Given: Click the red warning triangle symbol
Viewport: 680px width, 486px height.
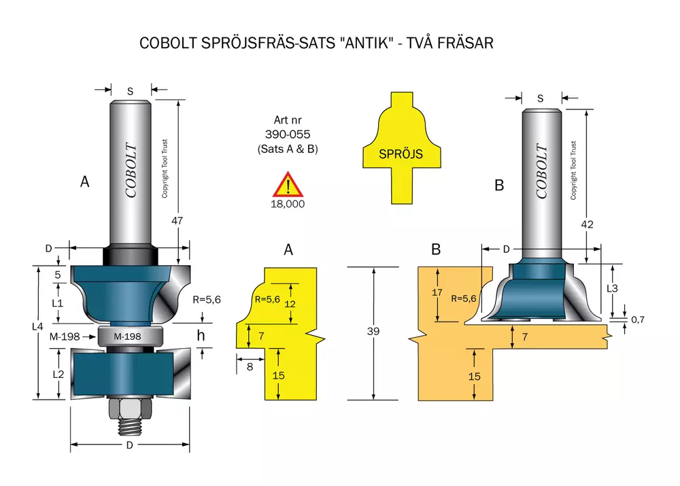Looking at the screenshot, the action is point(288,185).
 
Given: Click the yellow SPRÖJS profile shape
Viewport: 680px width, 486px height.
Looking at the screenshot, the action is point(402,147).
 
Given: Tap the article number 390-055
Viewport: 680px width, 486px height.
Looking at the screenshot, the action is point(288,135).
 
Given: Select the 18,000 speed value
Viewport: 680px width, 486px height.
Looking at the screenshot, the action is point(288,204).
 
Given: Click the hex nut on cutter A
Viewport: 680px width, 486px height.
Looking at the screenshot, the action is point(130,409).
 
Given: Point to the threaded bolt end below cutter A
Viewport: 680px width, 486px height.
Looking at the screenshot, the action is point(130,427).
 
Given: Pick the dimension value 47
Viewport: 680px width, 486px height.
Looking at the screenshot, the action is point(177,221).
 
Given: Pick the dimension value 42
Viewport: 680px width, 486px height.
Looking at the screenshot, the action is point(587,224).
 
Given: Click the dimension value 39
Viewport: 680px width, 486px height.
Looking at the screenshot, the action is point(373,331).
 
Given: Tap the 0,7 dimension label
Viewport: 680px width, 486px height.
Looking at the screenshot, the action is point(638,320).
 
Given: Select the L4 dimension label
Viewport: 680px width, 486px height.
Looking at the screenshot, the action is point(37,326).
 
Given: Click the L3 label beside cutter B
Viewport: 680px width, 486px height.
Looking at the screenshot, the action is point(612,288).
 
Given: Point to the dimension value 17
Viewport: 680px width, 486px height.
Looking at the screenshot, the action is point(437,293).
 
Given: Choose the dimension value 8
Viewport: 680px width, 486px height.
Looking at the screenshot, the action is point(250,367).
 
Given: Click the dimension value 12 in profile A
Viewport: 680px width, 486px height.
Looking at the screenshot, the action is point(290,304).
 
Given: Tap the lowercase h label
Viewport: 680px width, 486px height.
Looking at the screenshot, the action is point(201,335).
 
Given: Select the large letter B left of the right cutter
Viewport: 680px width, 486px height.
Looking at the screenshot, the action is point(499,185).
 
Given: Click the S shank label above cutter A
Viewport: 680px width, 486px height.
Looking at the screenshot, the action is point(130,91).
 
